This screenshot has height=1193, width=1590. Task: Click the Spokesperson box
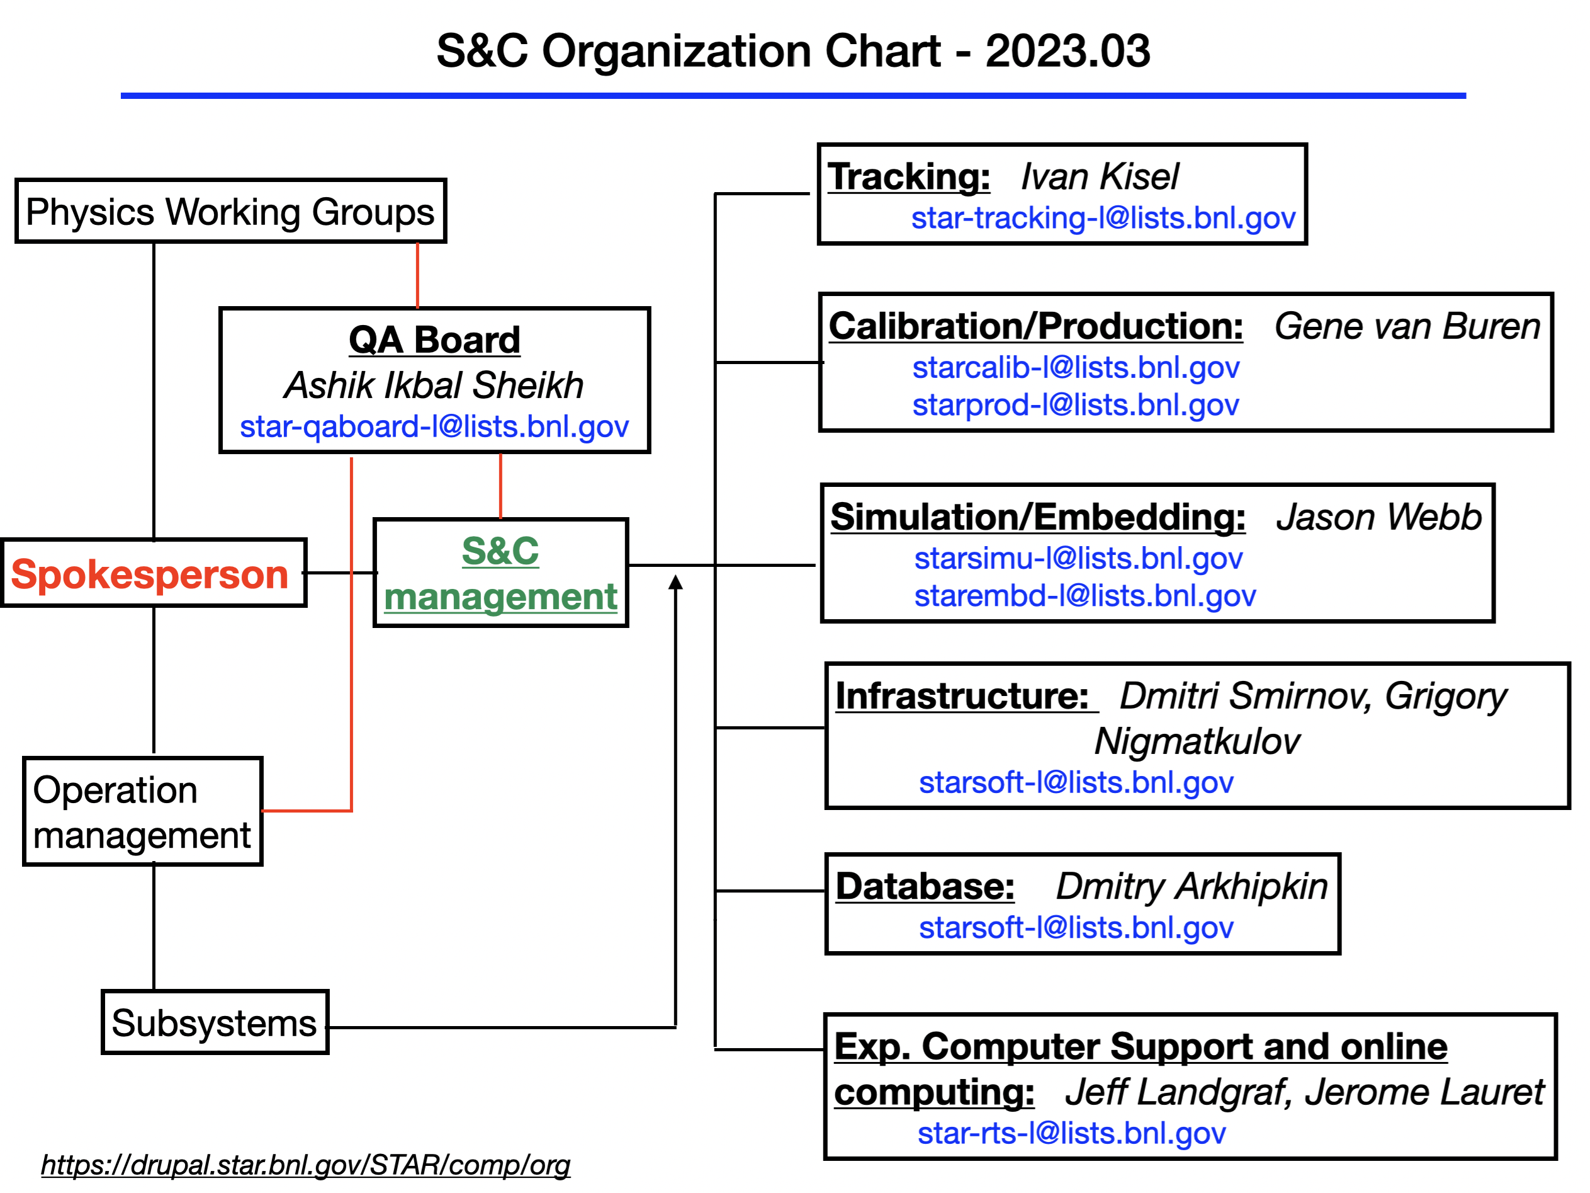[154, 573]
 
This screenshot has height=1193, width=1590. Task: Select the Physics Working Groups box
[231, 211]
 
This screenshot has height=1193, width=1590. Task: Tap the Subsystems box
[215, 1022]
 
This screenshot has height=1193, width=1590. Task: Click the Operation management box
[142, 811]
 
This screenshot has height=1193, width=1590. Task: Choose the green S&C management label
[500, 573]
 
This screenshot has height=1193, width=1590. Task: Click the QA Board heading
[434, 340]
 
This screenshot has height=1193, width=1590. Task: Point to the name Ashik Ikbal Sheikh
[434, 385]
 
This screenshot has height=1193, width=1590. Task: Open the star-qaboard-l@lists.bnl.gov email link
[434, 426]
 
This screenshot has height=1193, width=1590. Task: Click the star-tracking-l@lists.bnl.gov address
[1103, 218]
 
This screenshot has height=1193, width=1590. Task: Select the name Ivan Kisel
[1100, 177]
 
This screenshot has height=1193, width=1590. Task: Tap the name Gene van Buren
[1407, 326]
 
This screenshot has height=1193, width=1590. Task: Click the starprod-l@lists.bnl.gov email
[1075, 405]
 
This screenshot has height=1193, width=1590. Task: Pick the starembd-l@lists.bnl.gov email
[1085, 595]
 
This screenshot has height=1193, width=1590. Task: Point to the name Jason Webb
[1379, 517]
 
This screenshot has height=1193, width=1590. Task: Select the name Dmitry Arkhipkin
[1192, 886]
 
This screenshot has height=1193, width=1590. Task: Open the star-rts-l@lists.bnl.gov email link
[1071, 1133]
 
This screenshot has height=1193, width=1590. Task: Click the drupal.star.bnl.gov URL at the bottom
[305, 1165]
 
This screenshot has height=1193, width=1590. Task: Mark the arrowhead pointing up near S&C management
[675, 582]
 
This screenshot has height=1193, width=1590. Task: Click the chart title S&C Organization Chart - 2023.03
[794, 51]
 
